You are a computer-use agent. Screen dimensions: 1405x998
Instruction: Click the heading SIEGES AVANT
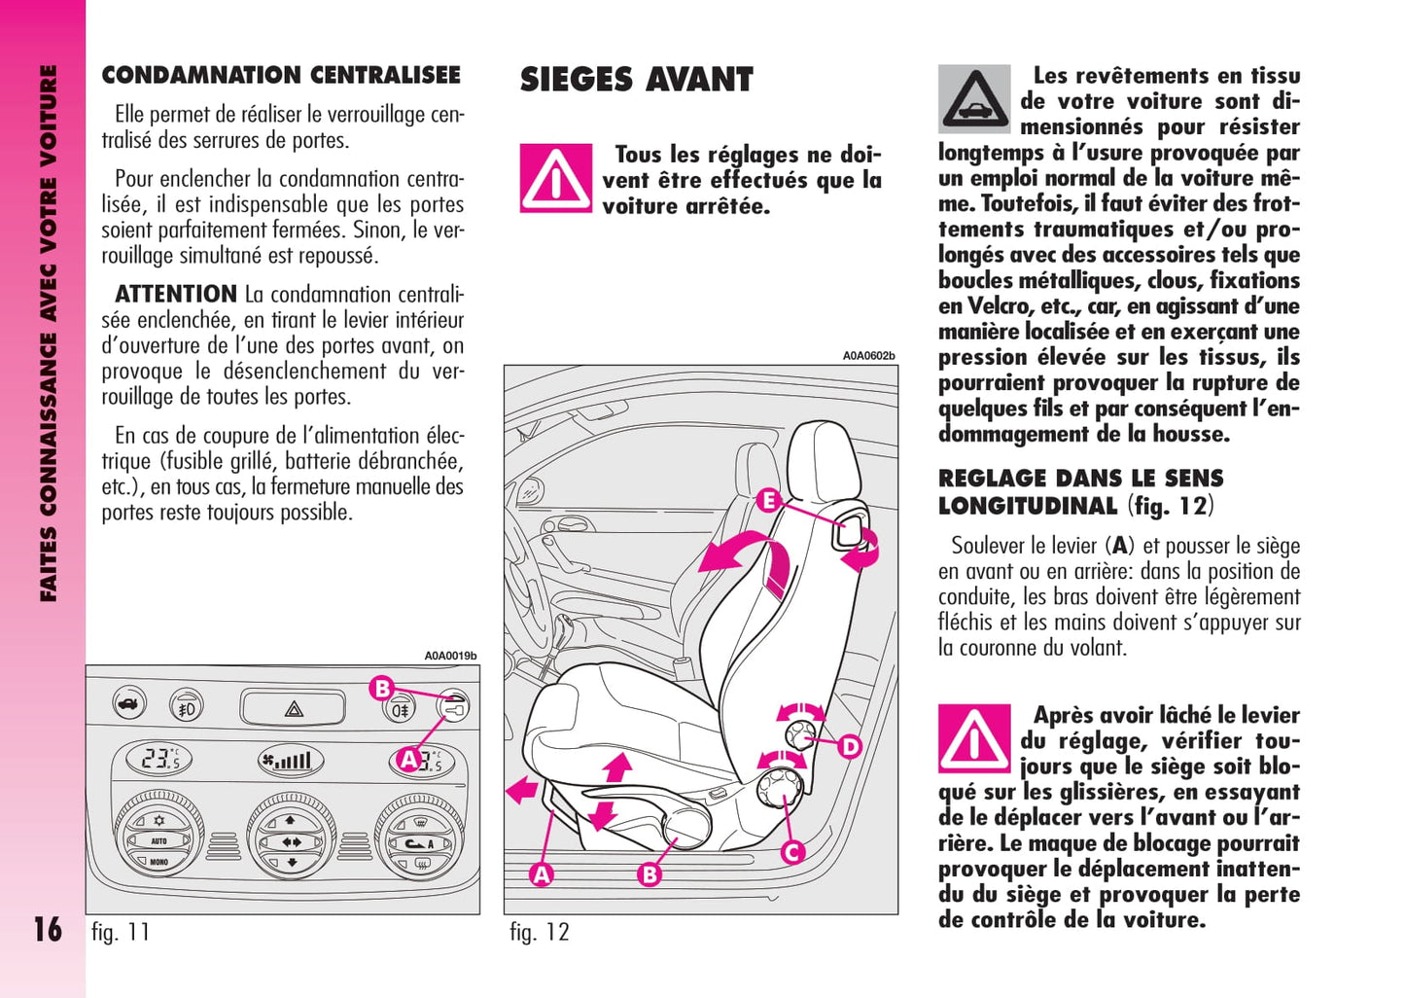coord(636,80)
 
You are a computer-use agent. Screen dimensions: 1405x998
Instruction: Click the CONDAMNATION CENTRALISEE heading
coord(281,75)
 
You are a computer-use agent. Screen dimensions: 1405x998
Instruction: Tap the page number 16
coord(48,930)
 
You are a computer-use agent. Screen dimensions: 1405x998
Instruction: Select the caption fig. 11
coord(121,932)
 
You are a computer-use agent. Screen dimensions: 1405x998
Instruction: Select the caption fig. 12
coord(540,932)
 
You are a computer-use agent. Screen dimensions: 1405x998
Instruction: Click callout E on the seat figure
coord(768,501)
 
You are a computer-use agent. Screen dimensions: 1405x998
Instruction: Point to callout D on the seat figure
coord(850,747)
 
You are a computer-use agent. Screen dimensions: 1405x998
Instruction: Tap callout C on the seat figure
coord(792,853)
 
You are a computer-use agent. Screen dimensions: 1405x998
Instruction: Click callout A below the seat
coord(542,874)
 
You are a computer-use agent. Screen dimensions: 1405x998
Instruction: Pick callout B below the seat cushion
coord(650,874)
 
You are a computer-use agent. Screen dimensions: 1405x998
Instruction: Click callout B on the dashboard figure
coord(382,689)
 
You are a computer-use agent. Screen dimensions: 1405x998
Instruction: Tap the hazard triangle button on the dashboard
coord(293,708)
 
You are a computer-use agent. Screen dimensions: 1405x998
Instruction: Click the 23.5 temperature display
coord(158,760)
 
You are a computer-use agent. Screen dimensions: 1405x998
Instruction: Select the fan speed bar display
coord(291,761)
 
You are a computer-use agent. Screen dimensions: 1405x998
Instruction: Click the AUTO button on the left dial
coord(158,840)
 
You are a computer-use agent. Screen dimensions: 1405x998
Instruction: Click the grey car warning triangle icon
coord(974,99)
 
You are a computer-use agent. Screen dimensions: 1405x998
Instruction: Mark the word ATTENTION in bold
coord(176,294)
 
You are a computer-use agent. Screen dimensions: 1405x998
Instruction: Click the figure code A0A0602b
coord(868,356)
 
